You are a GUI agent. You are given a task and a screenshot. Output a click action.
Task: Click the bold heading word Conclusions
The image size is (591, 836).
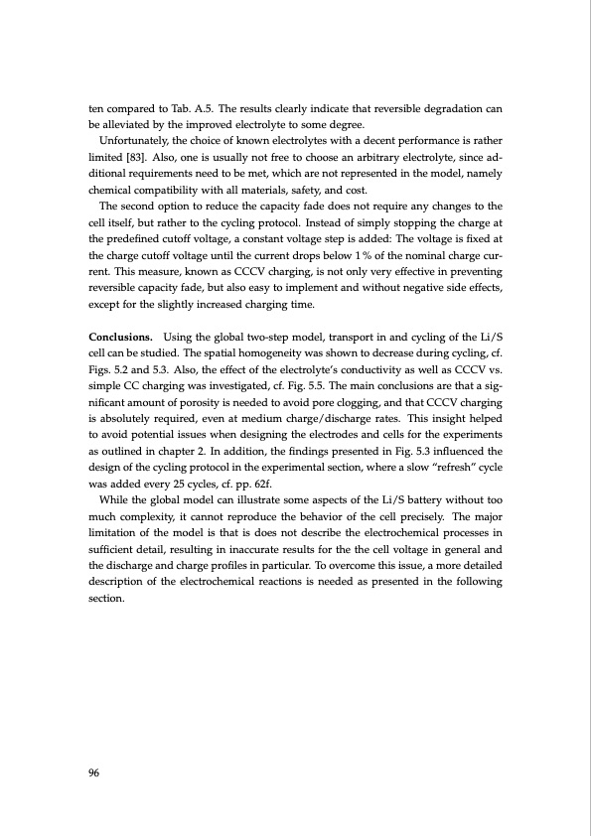pos(120,339)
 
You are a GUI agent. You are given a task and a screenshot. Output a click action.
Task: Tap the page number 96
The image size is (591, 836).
pos(95,776)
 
